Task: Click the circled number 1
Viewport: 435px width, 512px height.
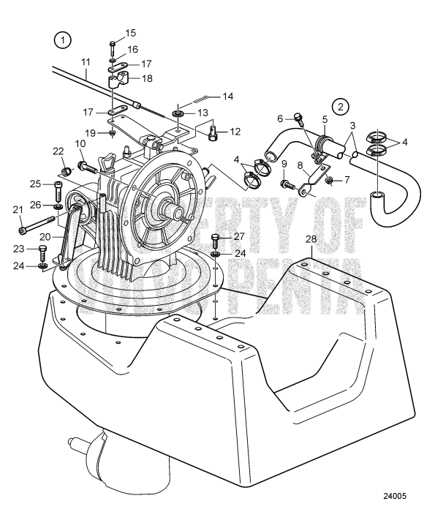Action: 64,40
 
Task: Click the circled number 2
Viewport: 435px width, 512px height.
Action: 341,106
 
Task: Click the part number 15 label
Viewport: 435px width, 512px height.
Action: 130,34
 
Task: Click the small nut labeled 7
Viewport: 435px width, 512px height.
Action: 330,180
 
